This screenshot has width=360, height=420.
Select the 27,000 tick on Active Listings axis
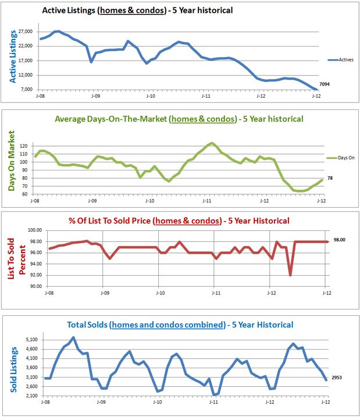24,31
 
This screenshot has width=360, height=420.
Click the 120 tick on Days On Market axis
23,146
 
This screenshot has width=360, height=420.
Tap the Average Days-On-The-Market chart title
179,119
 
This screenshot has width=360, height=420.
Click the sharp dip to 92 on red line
290,275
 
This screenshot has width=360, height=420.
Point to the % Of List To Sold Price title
179,220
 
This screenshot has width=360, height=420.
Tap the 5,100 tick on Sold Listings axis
30,339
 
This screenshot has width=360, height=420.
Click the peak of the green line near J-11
211,143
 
